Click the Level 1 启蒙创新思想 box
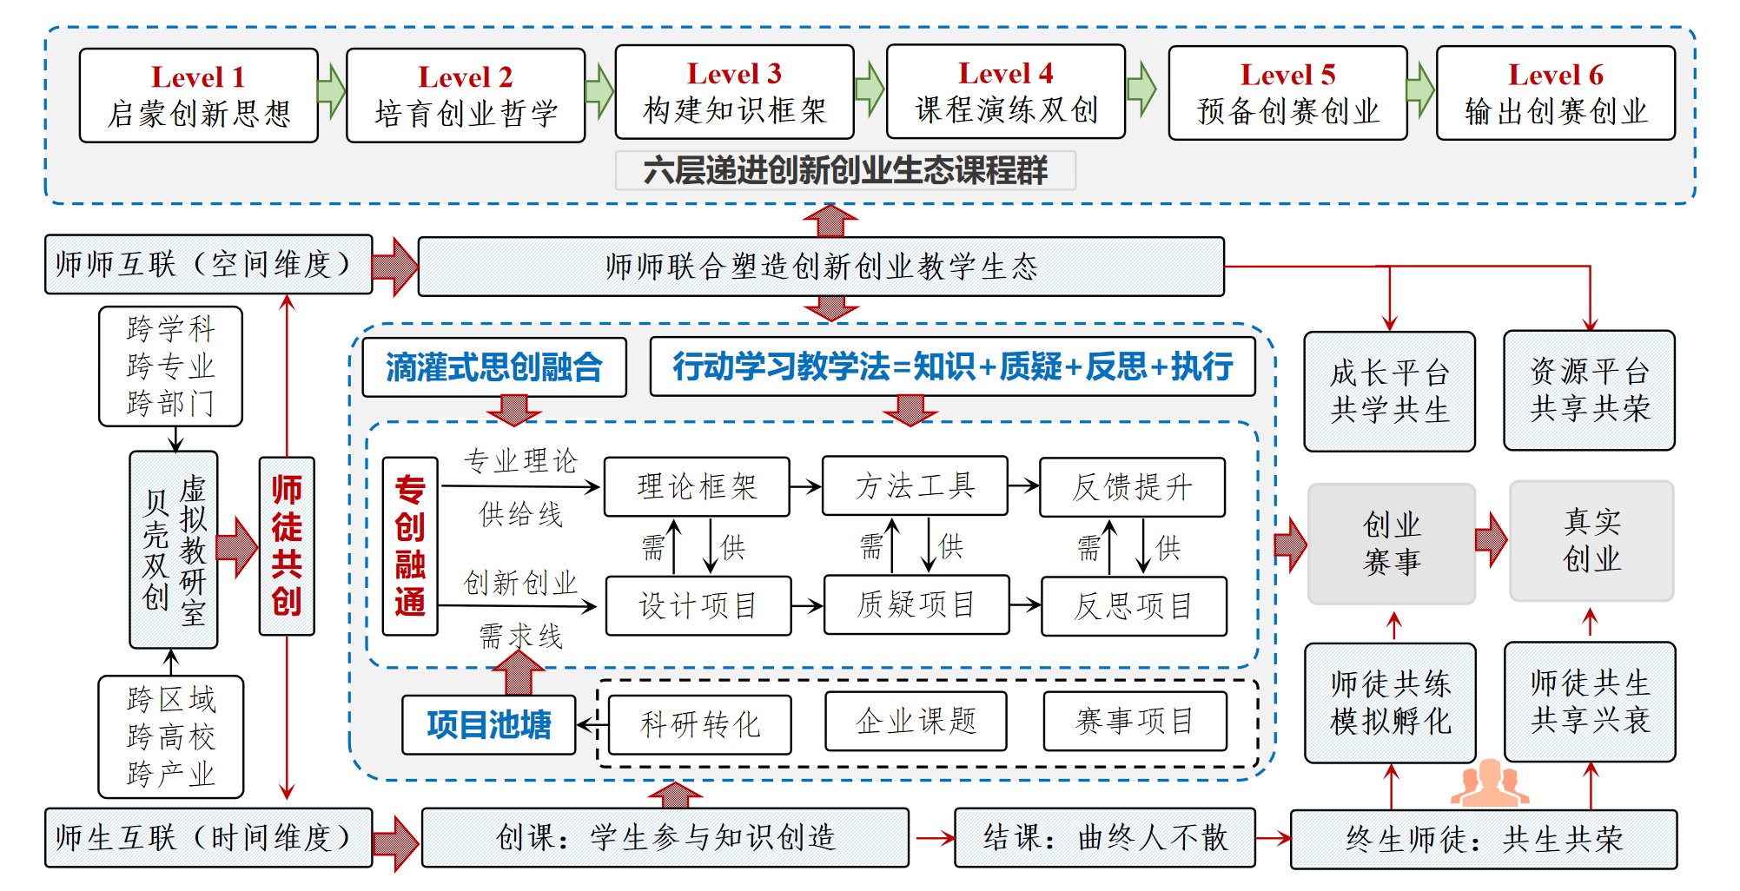click(198, 96)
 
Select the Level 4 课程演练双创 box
click(1005, 92)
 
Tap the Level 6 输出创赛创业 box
click(1555, 93)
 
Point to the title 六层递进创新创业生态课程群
click(845, 170)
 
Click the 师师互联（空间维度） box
click(208, 264)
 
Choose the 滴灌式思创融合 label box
click(494, 367)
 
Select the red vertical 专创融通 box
click(410, 546)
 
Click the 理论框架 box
click(697, 487)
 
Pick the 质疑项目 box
click(916, 605)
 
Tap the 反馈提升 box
click(1132, 487)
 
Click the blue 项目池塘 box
click(489, 724)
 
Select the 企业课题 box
click(916, 721)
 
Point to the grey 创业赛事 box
click(1392, 544)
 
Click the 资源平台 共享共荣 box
click(1589, 390)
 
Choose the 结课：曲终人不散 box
click(1104, 838)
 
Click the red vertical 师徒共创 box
click(287, 546)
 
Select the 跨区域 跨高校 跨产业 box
click(171, 736)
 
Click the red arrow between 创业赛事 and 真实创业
click(1492, 539)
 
